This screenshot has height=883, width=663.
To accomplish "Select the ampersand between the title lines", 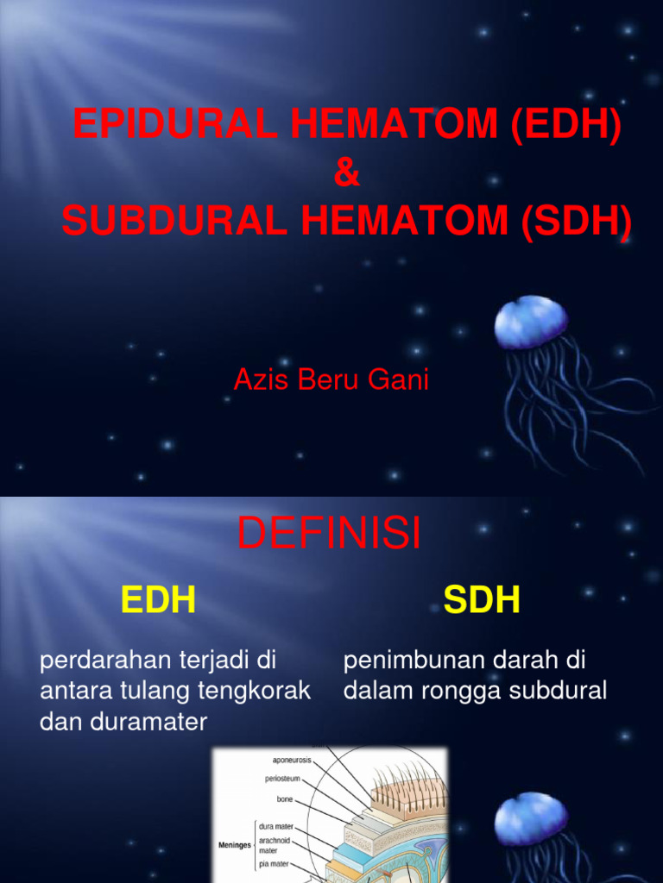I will point(345,174).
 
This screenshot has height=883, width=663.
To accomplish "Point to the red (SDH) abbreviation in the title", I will point(576,222).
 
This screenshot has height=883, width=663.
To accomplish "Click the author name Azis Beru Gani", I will point(331,380).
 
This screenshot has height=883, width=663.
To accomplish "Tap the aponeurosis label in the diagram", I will point(292,760).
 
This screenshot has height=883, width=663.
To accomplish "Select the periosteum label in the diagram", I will point(284,779).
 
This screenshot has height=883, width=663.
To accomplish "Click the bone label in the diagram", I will point(286,799).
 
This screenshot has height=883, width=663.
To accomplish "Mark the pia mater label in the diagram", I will point(275,863).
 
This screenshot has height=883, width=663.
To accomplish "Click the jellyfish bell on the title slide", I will point(531,322).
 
